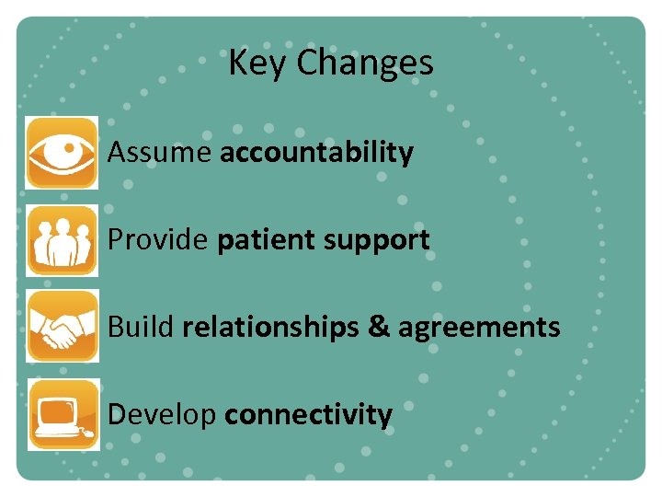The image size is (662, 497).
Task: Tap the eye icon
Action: [x=62, y=152]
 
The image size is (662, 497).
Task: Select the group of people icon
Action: [x=62, y=239]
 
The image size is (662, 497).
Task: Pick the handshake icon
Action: [x=62, y=327]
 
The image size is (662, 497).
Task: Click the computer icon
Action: [x=62, y=414]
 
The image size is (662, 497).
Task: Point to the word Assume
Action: [x=160, y=152]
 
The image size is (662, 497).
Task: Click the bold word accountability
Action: [x=316, y=152]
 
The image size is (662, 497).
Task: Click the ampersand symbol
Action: [x=378, y=327]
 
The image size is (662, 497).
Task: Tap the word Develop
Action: [x=162, y=415]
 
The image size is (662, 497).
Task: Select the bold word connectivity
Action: [x=308, y=415]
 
